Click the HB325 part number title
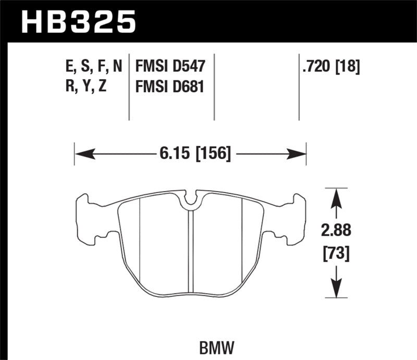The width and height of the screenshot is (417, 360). tap(78, 23)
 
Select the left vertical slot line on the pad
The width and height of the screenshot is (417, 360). tap(141, 240)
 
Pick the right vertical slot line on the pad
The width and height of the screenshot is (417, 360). tap(242, 240)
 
